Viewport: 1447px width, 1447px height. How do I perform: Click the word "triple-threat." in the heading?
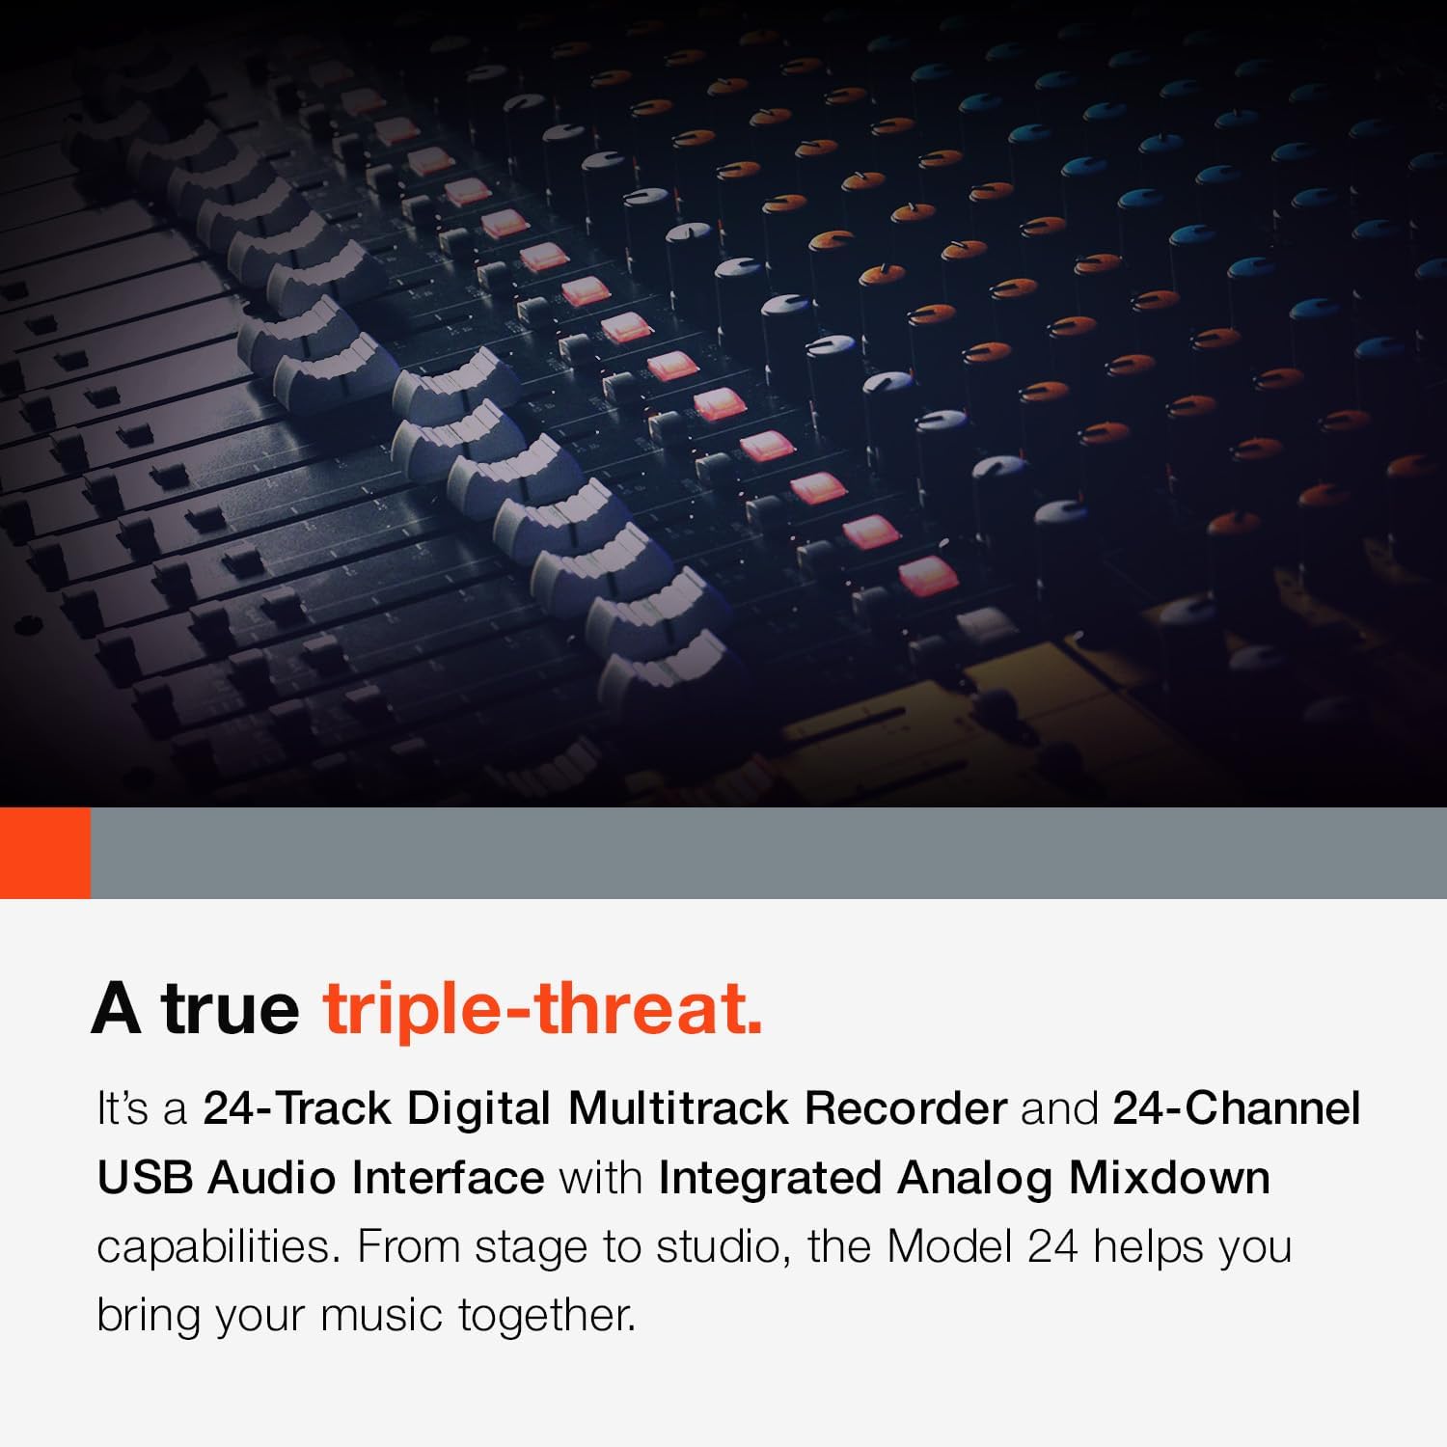543,1008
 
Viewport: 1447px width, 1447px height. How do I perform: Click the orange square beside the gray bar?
45,853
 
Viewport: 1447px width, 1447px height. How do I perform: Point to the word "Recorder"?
905,1108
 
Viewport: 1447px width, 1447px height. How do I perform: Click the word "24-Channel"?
1236,1108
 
